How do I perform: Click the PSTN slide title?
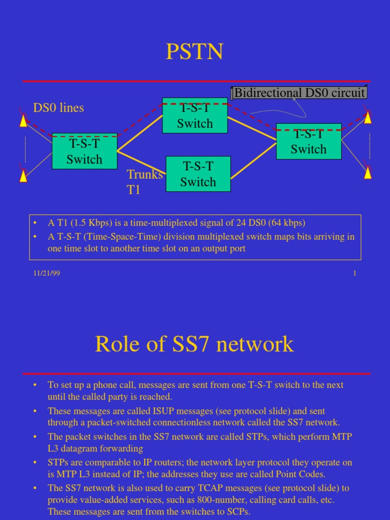coord(194,52)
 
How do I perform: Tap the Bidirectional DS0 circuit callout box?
coord(299,93)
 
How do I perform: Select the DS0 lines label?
coord(58,108)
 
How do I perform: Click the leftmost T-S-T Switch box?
coord(84,151)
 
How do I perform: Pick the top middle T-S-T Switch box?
coord(194,116)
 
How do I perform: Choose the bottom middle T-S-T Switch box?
coord(198,174)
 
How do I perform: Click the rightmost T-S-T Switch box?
coord(309,142)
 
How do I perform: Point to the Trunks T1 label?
coord(144,182)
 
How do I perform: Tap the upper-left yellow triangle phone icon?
coord(23,121)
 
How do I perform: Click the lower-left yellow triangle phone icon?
coord(23,176)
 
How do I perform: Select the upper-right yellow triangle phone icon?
coord(368,117)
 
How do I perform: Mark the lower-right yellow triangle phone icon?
coord(368,173)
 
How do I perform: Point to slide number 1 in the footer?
coord(354,273)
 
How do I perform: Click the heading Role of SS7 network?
coord(194,344)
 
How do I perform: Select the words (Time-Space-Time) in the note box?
coord(113,237)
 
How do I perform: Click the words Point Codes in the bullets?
coord(301,474)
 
